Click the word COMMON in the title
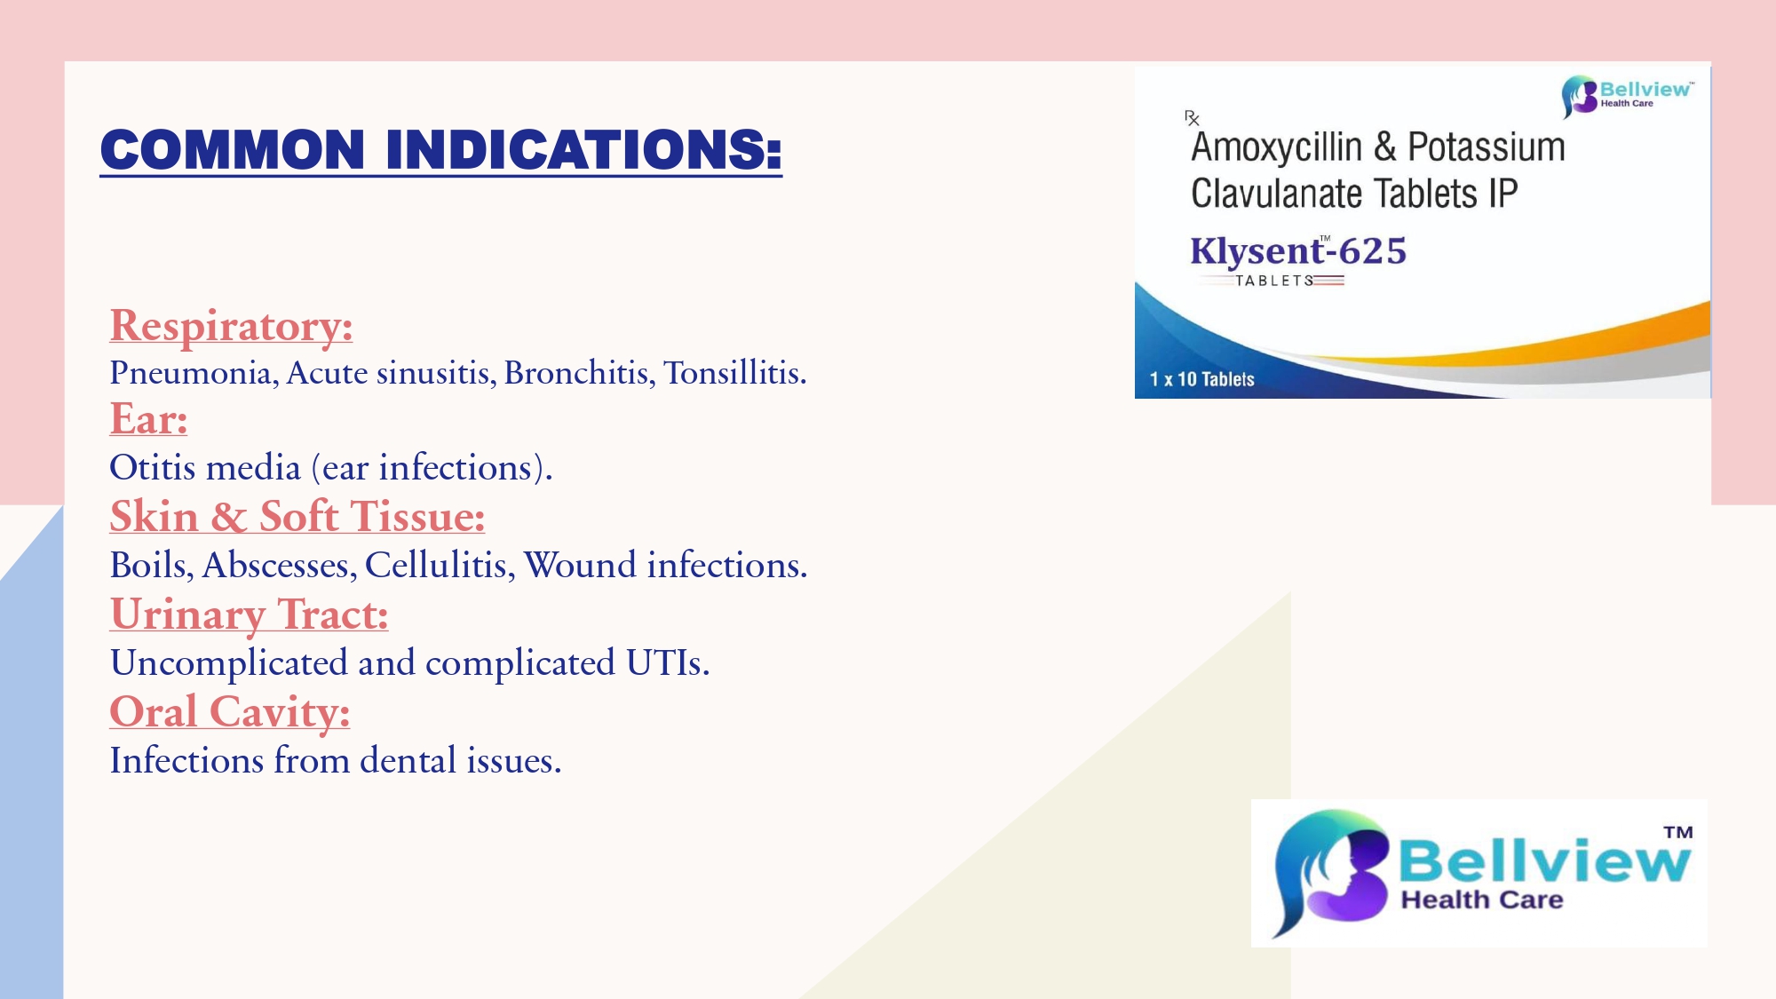(x=233, y=149)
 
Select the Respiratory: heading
(x=231, y=326)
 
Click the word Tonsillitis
(x=734, y=373)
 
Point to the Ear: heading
(x=148, y=419)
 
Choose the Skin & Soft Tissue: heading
(x=297, y=516)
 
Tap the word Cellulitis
(x=440, y=565)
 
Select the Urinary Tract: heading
(x=250, y=614)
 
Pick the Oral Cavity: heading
(x=230, y=712)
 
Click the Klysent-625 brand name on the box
(x=1298, y=251)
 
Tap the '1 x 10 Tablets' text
(x=1201, y=379)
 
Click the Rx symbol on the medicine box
(x=1192, y=118)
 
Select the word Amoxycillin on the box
(x=1276, y=147)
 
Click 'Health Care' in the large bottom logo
(x=1482, y=900)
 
